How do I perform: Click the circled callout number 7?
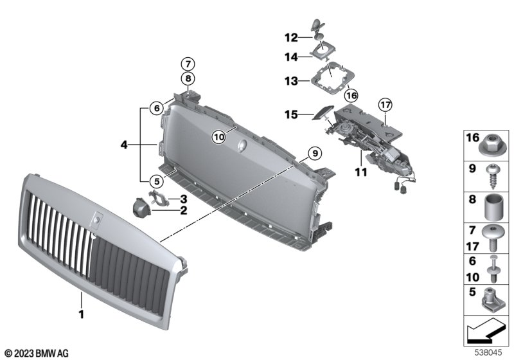[188, 64]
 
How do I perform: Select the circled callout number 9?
[315, 153]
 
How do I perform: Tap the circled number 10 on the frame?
[218, 136]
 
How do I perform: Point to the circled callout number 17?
[385, 105]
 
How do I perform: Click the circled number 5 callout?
[157, 181]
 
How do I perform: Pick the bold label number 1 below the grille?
[82, 314]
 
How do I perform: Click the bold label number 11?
[361, 172]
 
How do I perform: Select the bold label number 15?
[292, 115]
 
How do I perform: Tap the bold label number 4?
[124, 144]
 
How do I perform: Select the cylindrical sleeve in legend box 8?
[493, 207]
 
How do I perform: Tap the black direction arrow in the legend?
[486, 330]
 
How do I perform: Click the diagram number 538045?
[488, 352]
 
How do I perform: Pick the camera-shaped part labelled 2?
[142, 207]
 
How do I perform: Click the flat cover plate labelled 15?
[323, 113]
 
